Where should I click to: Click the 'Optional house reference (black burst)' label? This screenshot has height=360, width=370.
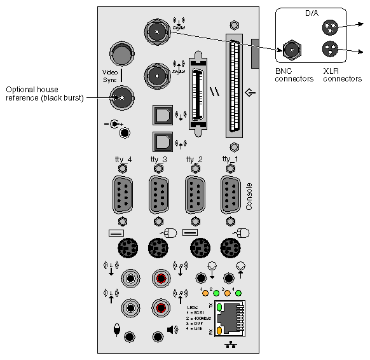click(45, 93)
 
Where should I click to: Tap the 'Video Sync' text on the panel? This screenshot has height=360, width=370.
click(111, 75)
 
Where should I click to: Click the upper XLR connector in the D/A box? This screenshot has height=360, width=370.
click(329, 27)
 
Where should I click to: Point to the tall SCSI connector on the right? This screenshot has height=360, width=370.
click(235, 89)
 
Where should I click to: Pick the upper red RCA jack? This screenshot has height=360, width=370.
click(160, 278)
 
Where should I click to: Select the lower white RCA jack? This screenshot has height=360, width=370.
click(132, 308)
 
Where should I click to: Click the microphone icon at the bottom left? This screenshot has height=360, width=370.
click(116, 329)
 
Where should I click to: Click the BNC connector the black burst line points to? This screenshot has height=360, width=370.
click(121, 98)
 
